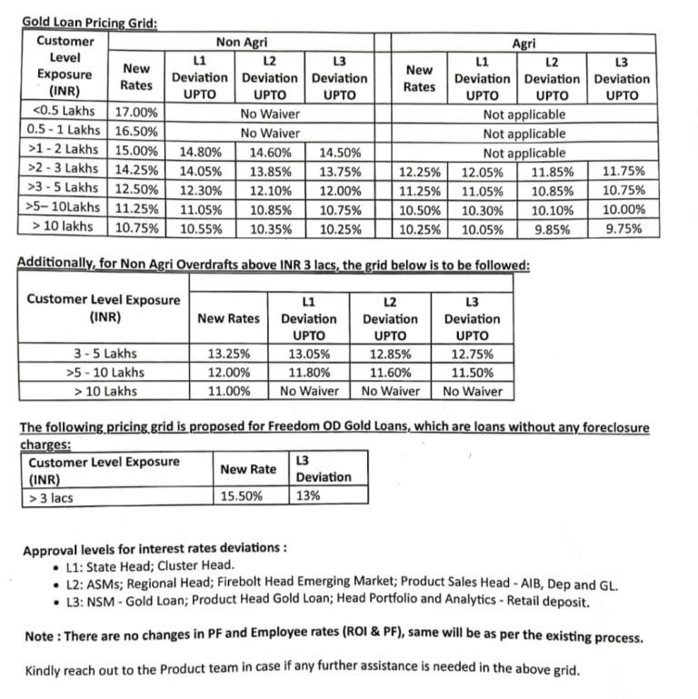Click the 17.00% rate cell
tap(137, 115)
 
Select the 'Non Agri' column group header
tap(241, 42)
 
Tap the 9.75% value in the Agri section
tap(624, 230)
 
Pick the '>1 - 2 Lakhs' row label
tap(63, 153)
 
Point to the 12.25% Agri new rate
tap(419, 172)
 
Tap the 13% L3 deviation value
tap(307, 496)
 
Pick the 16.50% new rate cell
tap(137, 134)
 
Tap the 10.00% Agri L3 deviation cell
tap(624, 210)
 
